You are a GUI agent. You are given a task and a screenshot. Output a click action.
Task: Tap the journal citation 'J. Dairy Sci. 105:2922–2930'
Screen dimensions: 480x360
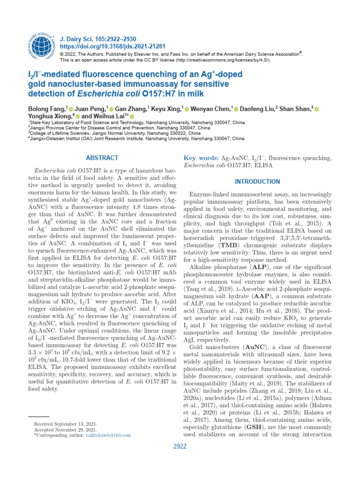pyautogui.click(x=97, y=38)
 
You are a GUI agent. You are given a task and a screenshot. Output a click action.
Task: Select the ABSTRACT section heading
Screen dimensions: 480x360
pyautogui.click(x=102, y=158)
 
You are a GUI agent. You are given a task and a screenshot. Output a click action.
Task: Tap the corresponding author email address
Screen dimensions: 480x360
pyautogui.click(x=108, y=435)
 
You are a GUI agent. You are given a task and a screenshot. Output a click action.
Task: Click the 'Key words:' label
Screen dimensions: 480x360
pyautogui.click(x=200, y=158)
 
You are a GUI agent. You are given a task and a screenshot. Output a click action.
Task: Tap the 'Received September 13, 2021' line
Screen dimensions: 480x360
pyautogui.click(x=66, y=424)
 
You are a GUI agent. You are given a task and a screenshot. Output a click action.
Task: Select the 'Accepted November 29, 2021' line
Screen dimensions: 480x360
pyautogui.click(x=65, y=429)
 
